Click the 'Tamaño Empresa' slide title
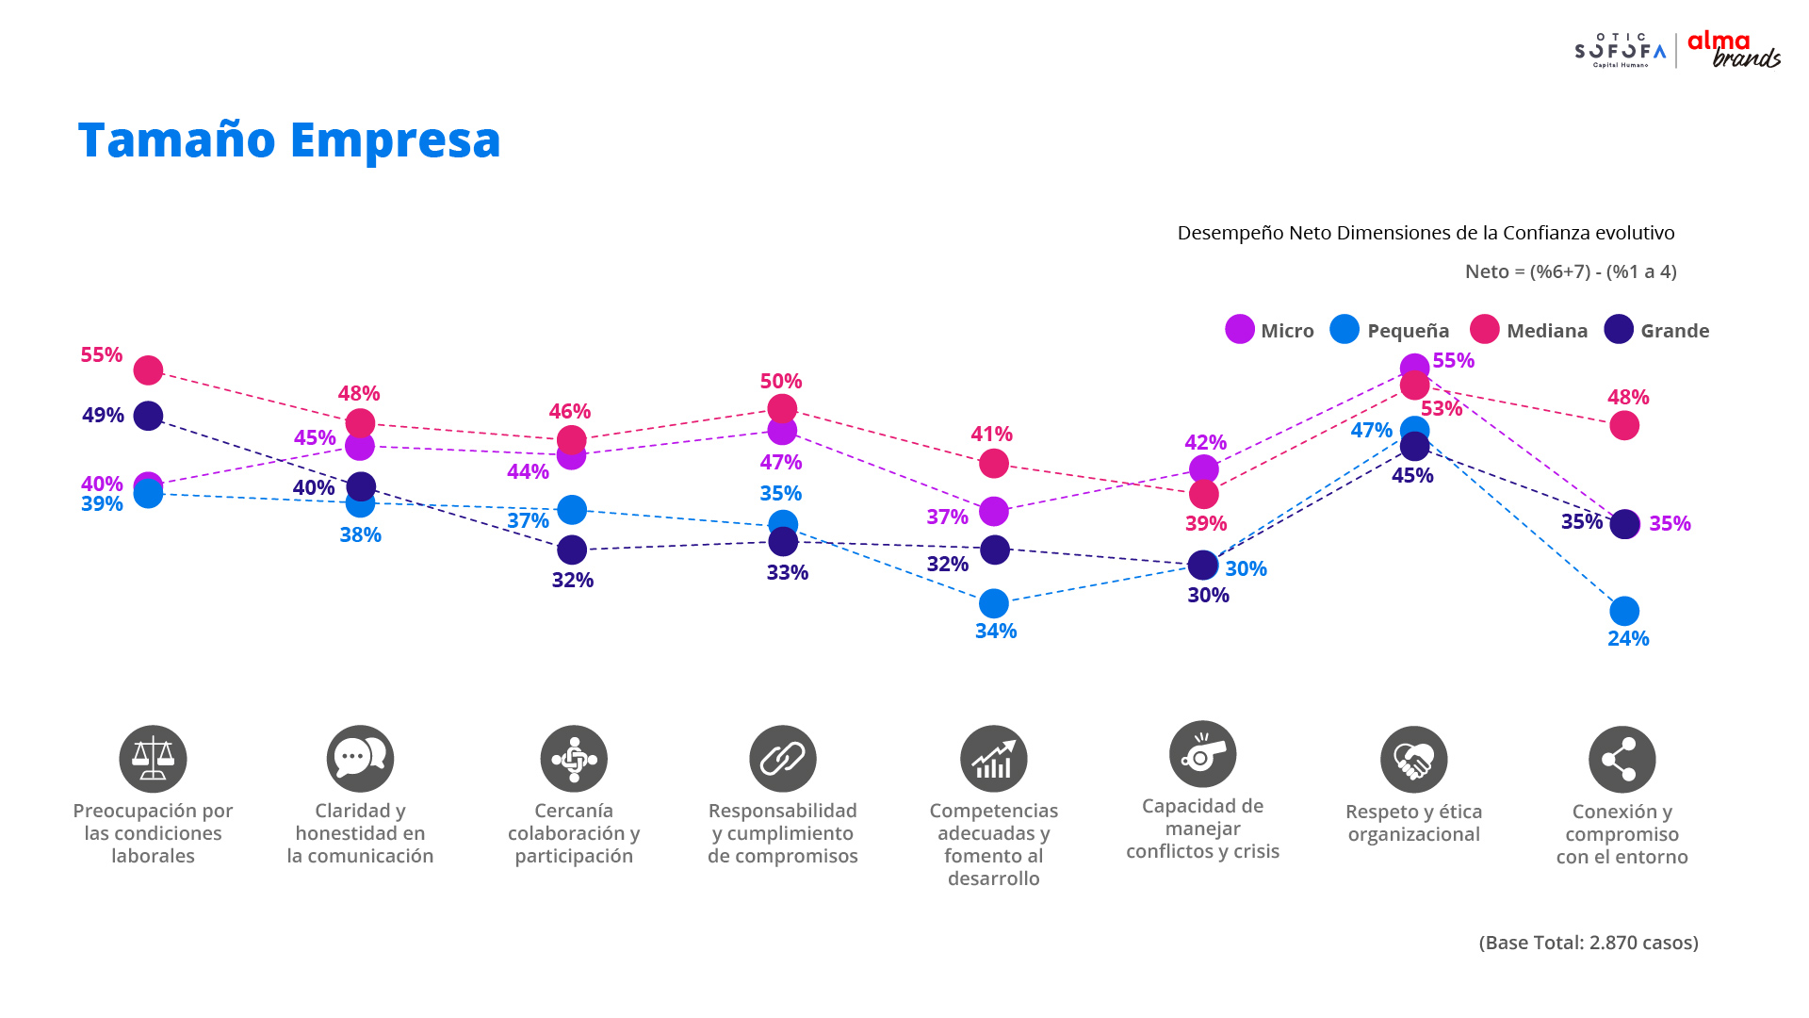pyautogui.click(x=289, y=140)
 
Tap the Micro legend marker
pyautogui.click(x=1240, y=329)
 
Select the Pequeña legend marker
pyautogui.click(x=1345, y=329)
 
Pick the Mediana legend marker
pyautogui.click(x=1485, y=329)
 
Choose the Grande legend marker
pyautogui.click(x=1619, y=329)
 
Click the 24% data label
pyautogui.click(x=1628, y=638)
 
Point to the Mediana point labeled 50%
pyautogui.click(x=782, y=409)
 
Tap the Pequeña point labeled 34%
pyautogui.click(x=994, y=603)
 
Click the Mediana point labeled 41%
pyautogui.click(x=994, y=464)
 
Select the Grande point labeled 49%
pyautogui.click(x=148, y=416)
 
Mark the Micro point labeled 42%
pyautogui.click(x=1204, y=469)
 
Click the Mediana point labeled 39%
pyautogui.click(x=1204, y=494)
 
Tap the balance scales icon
pyautogui.click(x=153, y=759)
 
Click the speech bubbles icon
pyautogui.click(x=360, y=759)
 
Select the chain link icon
pyautogui.click(x=783, y=759)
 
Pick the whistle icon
pyautogui.click(x=1203, y=754)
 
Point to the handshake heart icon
pyautogui.click(x=1414, y=760)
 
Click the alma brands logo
pyautogui.click(x=1734, y=50)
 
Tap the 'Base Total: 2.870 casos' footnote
pyautogui.click(x=1589, y=943)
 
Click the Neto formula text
pyautogui.click(x=1571, y=271)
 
